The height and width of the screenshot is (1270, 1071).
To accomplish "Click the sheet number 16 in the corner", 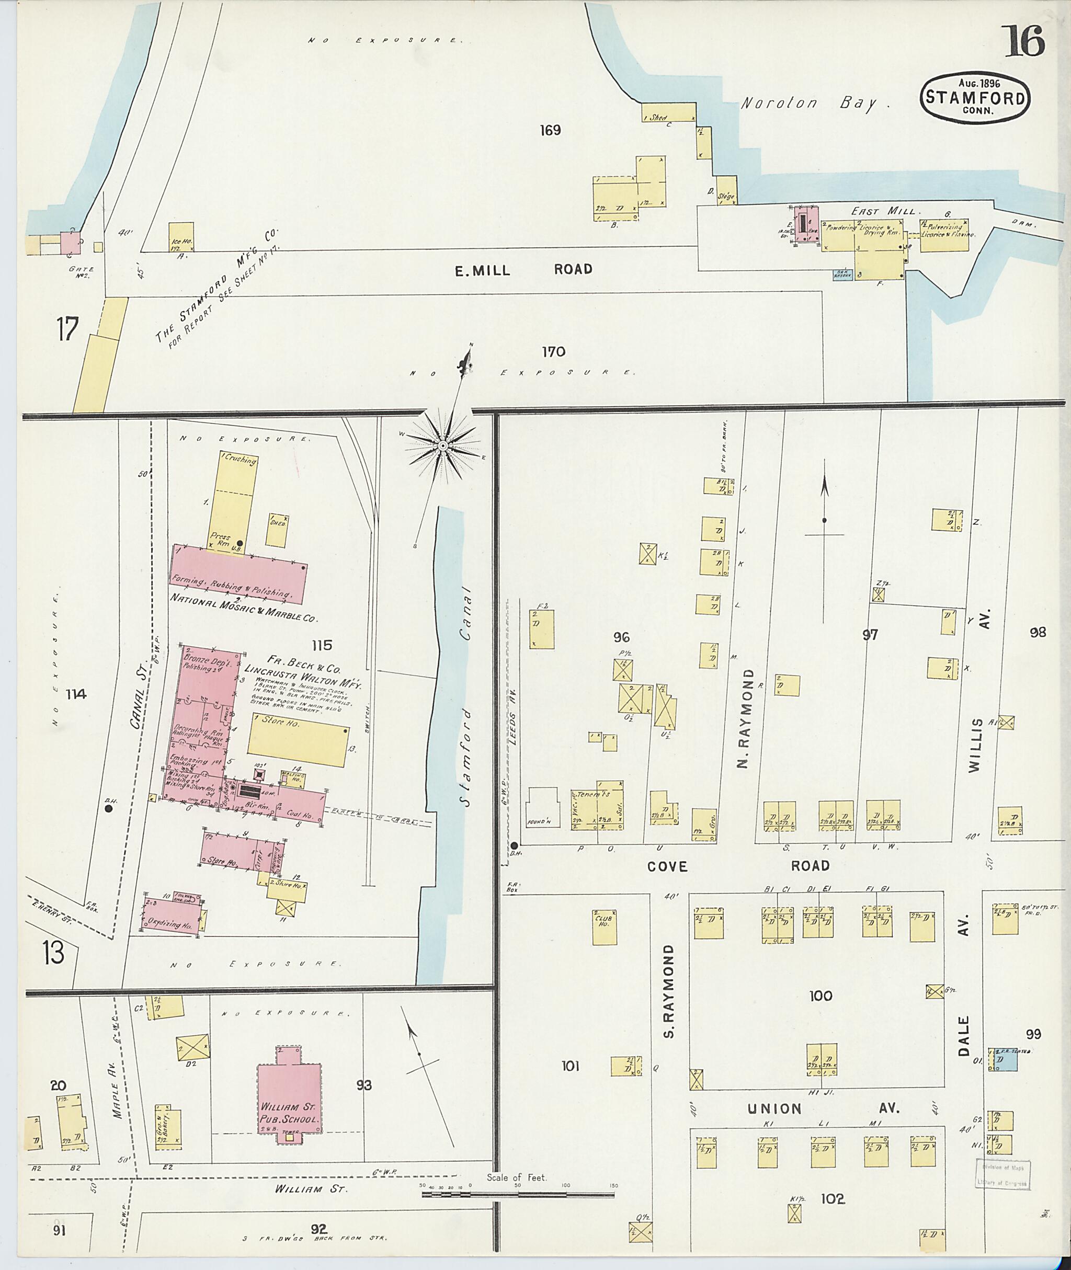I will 1024,41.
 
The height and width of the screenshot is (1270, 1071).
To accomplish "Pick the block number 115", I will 322,645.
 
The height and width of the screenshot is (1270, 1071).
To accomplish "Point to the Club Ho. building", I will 604,926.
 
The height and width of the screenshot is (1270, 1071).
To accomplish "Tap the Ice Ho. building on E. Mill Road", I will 181,245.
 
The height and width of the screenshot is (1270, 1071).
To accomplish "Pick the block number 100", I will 821,996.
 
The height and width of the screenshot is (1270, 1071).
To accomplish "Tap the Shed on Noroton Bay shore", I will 668,113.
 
